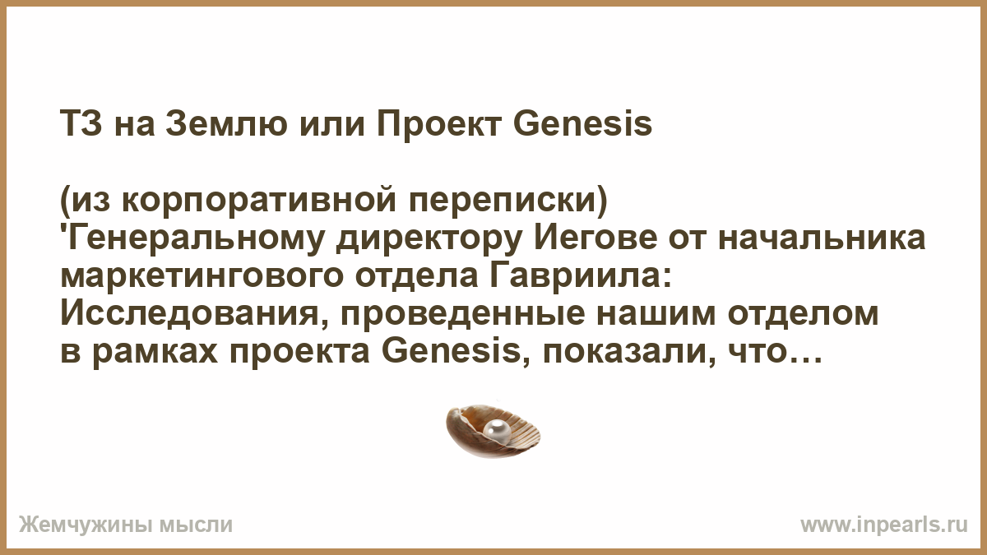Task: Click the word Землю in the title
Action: [226, 124]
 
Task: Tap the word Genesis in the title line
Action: [583, 124]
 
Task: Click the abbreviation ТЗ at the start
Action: [81, 124]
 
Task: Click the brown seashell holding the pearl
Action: [493, 431]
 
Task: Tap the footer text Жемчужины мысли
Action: [126, 525]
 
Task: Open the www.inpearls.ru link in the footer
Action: [884, 525]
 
